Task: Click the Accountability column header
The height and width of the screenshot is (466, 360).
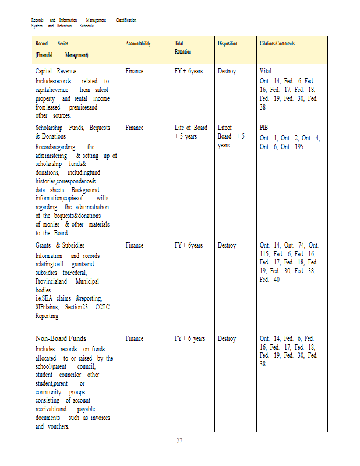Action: click(x=138, y=44)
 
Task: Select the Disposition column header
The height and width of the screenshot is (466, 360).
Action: click(x=227, y=44)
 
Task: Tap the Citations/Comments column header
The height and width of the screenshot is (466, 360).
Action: click(x=277, y=44)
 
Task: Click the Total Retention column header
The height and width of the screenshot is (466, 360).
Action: click(x=182, y=48)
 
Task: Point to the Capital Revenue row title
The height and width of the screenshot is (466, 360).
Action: click(x=56, y=71)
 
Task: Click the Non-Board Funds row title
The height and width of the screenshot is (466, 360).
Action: click(x=61, y=338)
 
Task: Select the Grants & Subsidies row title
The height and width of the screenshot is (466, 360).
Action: click(x=59, y=245)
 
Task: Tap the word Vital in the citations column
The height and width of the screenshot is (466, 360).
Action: click(x=266, y=71)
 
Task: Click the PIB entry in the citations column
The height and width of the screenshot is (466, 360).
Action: click(x=264, y=128)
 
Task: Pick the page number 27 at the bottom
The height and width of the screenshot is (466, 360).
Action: click(x=180, y=441)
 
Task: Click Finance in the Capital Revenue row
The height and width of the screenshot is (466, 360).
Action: click(x=134, y=71)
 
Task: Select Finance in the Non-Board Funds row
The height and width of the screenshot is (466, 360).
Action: click(x=134, y=338)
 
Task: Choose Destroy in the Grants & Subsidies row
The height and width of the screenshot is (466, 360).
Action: click(x=227, y=245)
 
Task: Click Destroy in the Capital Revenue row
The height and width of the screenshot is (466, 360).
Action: click(x=227, y=71)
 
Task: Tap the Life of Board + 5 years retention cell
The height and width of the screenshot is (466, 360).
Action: click(x=190, y=132)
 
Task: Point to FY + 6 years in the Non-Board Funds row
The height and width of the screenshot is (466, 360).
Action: click(x=189, y=338)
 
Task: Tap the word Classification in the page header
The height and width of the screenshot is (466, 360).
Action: click(x=126, y=20)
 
